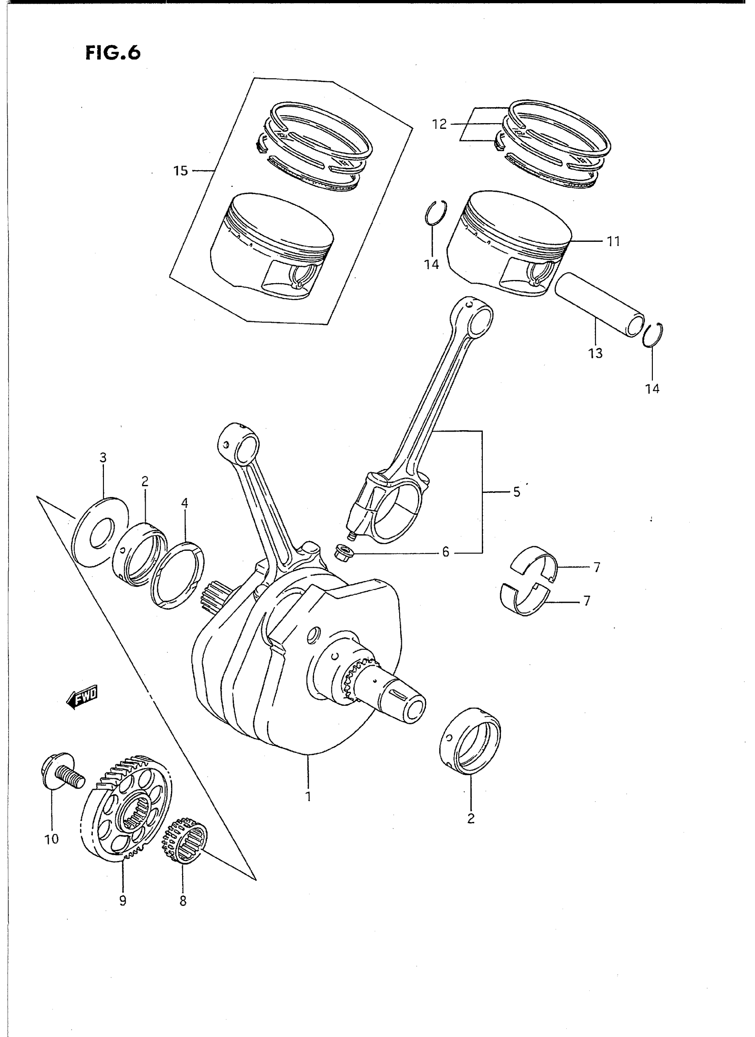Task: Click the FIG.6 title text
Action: (x=113, y=53)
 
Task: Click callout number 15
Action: (x=180, y=171)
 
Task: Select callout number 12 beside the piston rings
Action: (x=439, y=124)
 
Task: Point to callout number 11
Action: (x=613, y=241)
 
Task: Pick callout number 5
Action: (x=517, y=492)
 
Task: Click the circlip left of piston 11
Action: (x=435, y=213)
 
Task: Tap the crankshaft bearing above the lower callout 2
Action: (x=471, y=741)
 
